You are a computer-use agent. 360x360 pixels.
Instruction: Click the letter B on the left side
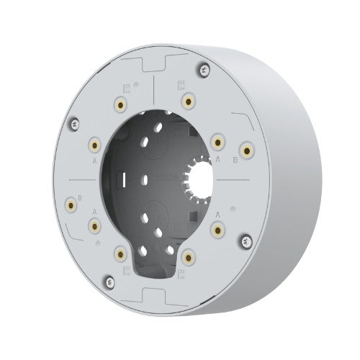pyautogui.click(x=79, y=195)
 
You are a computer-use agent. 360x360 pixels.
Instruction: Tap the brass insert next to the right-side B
pyautogui.click(x=248, y=151)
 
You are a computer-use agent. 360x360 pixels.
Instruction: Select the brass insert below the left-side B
pyautogui.click(x=71, y=207)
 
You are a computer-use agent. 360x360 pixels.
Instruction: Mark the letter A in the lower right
pyautogui.click(x=217, y=214)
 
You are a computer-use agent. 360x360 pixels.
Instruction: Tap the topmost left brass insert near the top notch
pyautogui.click(x=119, y=104)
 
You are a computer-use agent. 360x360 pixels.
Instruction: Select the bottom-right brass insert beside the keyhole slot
pyautogui.click(x=189, y=256)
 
